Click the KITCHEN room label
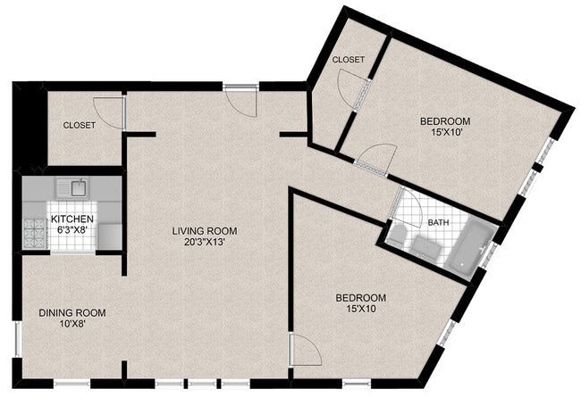coord(72,219)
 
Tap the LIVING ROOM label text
coord(205,232)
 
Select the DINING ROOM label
coord(72,313)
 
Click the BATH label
coord(438,223)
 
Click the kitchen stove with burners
coord(36,234)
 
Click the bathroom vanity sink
coord(426,247)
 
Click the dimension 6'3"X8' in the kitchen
coord(72,229)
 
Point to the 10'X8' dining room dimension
coord(72,324)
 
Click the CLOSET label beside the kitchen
coord(80,126)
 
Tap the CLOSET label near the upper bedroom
coord(349,60)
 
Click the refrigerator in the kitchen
coord(110,236)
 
